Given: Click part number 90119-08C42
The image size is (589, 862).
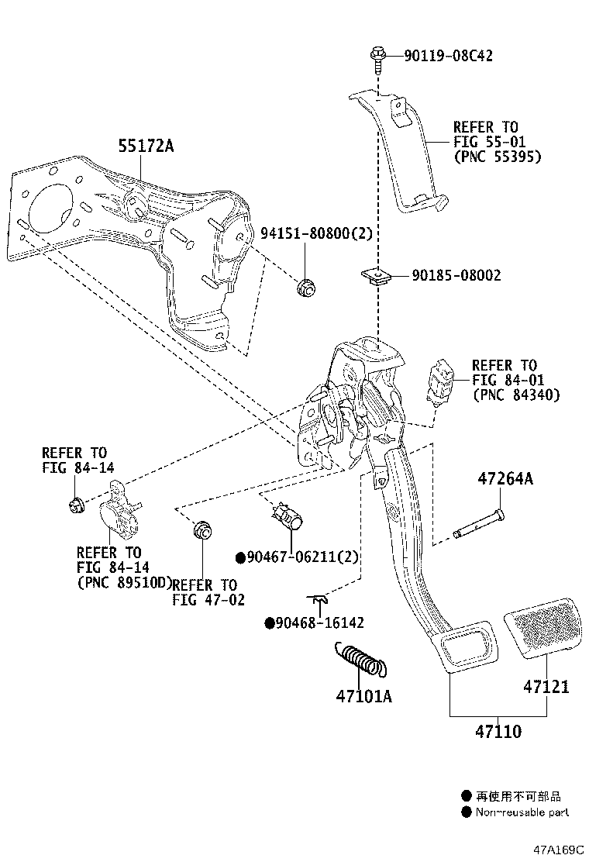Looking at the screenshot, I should point(448,55).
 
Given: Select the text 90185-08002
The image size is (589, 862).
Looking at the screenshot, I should point(456,275).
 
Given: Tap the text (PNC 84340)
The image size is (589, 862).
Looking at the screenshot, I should point(516,395).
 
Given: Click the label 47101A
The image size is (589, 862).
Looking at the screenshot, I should point(363,696).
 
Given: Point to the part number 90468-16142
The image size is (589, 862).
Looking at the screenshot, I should point(319,622).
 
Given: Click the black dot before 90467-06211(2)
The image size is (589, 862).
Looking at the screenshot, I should point(240,557).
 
